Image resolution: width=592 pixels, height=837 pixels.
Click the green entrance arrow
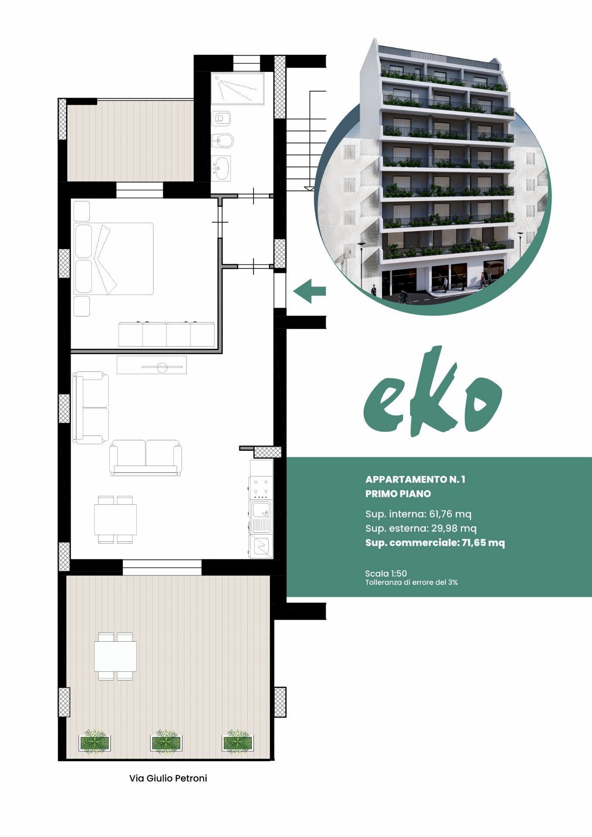click(309, 291)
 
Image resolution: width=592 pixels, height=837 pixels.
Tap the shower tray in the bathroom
click(238, 89)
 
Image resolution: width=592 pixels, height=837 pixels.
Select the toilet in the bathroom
click(221, 118)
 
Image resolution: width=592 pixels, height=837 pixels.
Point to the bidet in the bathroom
click(222, 141)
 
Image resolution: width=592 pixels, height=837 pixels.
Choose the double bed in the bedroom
click(114, 259)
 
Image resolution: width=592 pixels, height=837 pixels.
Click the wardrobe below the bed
click(166, 334)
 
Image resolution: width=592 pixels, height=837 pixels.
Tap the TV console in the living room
click(151, 365)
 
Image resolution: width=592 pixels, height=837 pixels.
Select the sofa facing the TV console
click(145, 457)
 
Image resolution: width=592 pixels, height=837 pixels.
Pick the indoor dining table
click(116, 519)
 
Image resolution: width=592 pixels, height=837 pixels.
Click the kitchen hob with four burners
click(261, 488)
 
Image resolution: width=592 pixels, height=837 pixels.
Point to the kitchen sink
click(261, 517)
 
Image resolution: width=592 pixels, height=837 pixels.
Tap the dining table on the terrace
click(116, 656)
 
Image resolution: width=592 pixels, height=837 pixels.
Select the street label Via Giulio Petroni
click(168, 778)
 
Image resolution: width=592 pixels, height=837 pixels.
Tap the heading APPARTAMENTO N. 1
click(415, 480)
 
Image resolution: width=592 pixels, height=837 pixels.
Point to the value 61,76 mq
click(450, 514)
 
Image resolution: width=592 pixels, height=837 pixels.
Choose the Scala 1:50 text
click(386, 573)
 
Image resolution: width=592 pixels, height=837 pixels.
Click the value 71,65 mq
click(483, 543)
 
